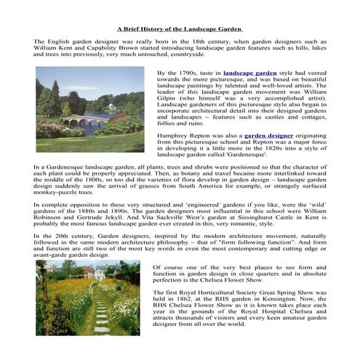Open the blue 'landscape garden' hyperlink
tap(250, 73)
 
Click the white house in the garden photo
tap(87, 272)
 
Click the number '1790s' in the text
tap(191, 73)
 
